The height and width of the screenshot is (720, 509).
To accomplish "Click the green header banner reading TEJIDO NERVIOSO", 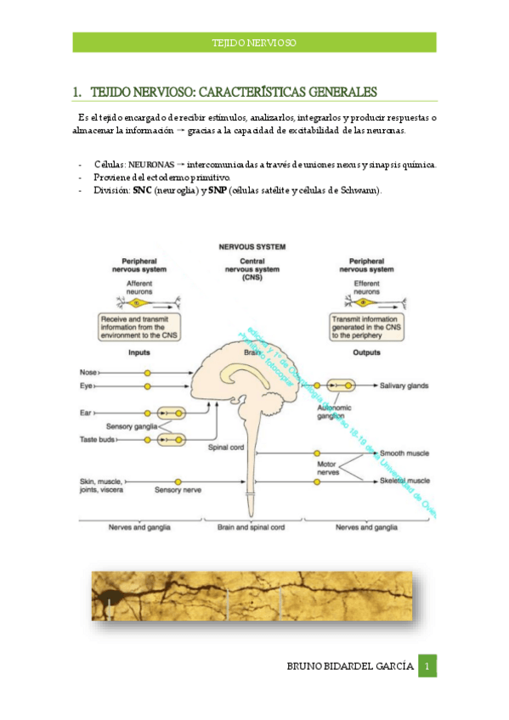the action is [254, 42].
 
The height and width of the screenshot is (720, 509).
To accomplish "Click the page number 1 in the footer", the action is [428, 666].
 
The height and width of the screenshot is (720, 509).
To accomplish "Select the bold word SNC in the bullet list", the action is [143, 190].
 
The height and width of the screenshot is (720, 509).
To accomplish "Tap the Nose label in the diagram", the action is [88, 372].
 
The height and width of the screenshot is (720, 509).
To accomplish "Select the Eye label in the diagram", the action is [86, 386].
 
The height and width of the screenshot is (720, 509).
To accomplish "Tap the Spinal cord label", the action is [225, 445].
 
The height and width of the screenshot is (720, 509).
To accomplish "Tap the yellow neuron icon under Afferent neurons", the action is [141, 301].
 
